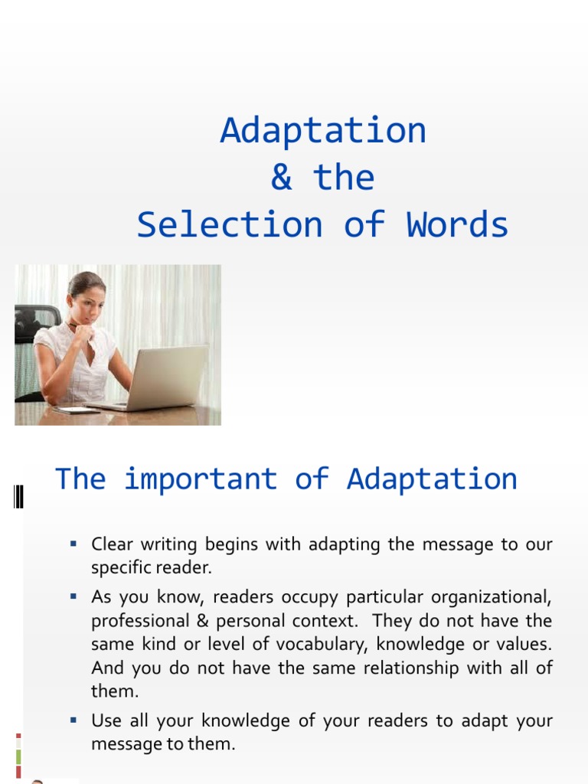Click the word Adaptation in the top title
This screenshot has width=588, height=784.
(x=322, y=131)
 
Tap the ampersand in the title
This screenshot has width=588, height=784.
(x=281, y=178)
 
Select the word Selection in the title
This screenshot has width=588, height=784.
(x=230, y=225)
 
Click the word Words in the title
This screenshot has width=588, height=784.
(x=457, y=225)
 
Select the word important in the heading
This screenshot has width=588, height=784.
(x=200, y=479)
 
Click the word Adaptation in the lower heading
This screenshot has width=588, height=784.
(x=432, y=479)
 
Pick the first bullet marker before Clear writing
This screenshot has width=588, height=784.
(x=73, y=544)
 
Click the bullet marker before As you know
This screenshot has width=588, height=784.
(x=73, y=596)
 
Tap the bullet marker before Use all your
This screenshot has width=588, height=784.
(x=73, y=720)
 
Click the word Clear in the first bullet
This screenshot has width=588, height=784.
(x=112, y=545)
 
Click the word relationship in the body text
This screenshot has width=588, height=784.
(x=402, y=668)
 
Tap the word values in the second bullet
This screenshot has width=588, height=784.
(x=524, y=645)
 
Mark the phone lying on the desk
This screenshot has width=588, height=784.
(x=77, y=410)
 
